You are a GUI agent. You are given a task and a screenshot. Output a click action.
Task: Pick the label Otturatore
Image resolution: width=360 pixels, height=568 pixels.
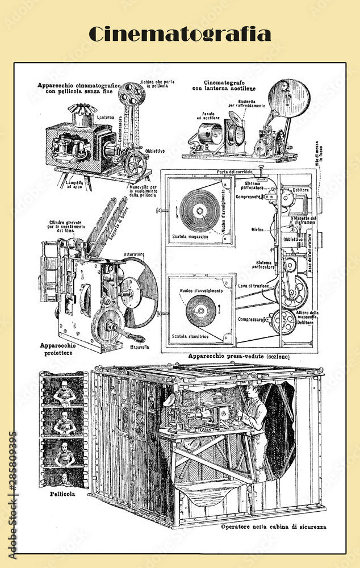tap(133, 254)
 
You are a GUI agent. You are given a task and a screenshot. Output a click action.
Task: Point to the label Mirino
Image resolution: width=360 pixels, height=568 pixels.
tap(259, 230)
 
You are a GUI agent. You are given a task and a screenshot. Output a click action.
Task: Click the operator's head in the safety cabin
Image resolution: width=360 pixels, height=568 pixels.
tap(253, 391)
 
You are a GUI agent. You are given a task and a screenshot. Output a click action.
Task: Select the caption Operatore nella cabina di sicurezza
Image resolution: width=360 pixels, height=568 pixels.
tap(273, 527)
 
